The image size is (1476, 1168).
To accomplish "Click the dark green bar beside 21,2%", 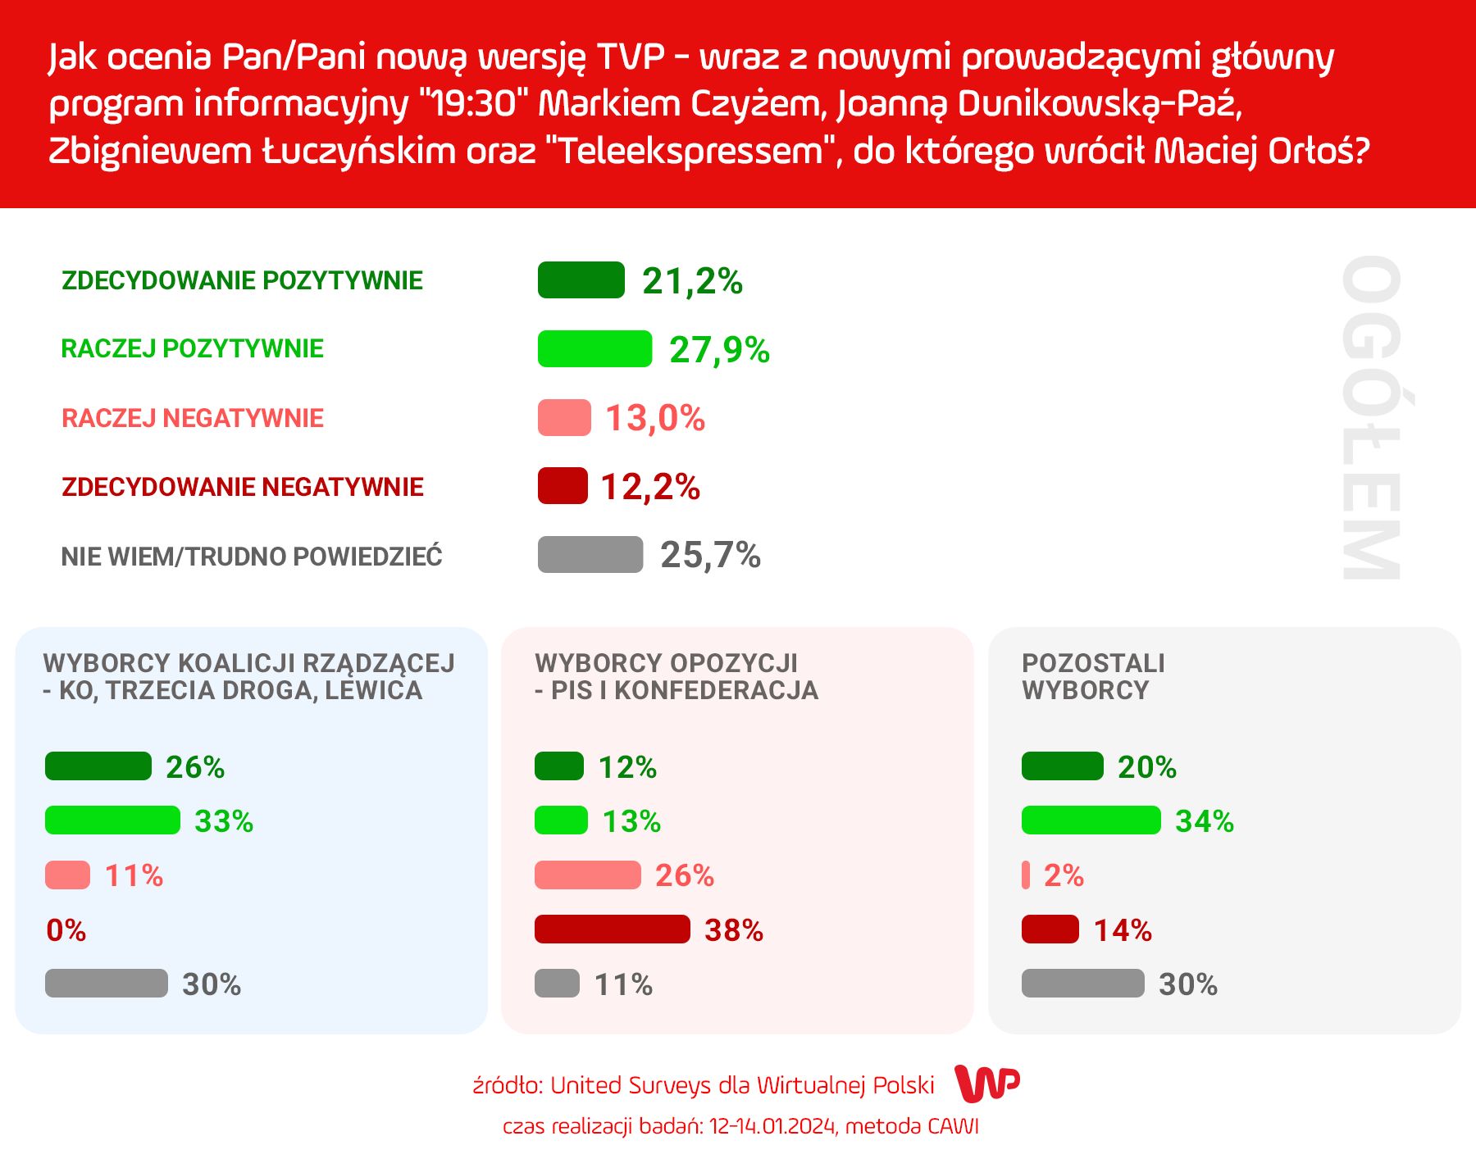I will click(581, 280).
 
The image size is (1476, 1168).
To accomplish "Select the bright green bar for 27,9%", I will click(594, 349).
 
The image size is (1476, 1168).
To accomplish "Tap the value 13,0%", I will click(654, 418).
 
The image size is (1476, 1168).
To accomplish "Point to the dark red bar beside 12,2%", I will click(563, 486).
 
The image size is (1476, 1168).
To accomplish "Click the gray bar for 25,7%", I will click(590, 555).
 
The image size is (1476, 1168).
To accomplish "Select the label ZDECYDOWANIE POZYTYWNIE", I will click(242, 280).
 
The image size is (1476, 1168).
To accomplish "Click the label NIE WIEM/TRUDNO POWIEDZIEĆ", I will click(252, 557).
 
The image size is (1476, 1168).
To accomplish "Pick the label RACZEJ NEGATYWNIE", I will click(193, 418).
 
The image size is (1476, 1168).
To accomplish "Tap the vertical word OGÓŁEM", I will click(1371, 418).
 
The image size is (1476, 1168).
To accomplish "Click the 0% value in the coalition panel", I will click(66, 930).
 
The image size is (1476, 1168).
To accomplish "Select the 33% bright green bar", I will click(112, 820).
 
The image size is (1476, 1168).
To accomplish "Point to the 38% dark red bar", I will click(612, 929).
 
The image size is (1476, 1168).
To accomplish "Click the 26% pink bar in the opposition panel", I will click(587, 875).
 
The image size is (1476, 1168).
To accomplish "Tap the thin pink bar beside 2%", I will click(1026, 875).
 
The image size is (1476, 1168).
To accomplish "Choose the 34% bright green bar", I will click(1091, 820).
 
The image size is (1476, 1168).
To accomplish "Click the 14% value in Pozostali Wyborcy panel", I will click(1123, 930).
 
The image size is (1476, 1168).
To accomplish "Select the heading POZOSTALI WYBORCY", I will click(1093, 676).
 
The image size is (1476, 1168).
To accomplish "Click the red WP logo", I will click(987, 1084).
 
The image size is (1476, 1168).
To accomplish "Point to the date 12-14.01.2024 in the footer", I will click(773, 1126).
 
